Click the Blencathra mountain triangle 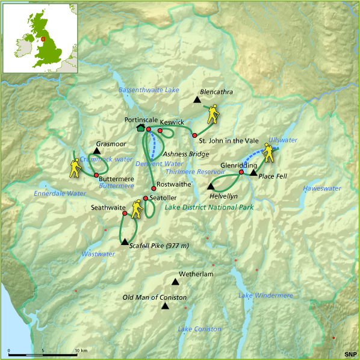click(x=197, y=99)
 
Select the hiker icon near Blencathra click(x=213, y=114)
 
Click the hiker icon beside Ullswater click(x=269, y=154)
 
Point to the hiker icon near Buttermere click(x=75, y=169)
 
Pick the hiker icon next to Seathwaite click(x=137, y=208)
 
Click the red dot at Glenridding click(x=241, y=172)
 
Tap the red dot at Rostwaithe click(x=154, y=188)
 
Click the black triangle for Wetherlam click(x=175, y=282)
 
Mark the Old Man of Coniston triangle click(x=165, y=306)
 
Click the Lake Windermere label click(x=265, y=296)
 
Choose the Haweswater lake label click(x=322, y=188)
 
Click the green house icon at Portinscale click(x=141, y=128)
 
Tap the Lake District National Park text click(x=209, y=207)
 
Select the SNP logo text click(x=350, y=353)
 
